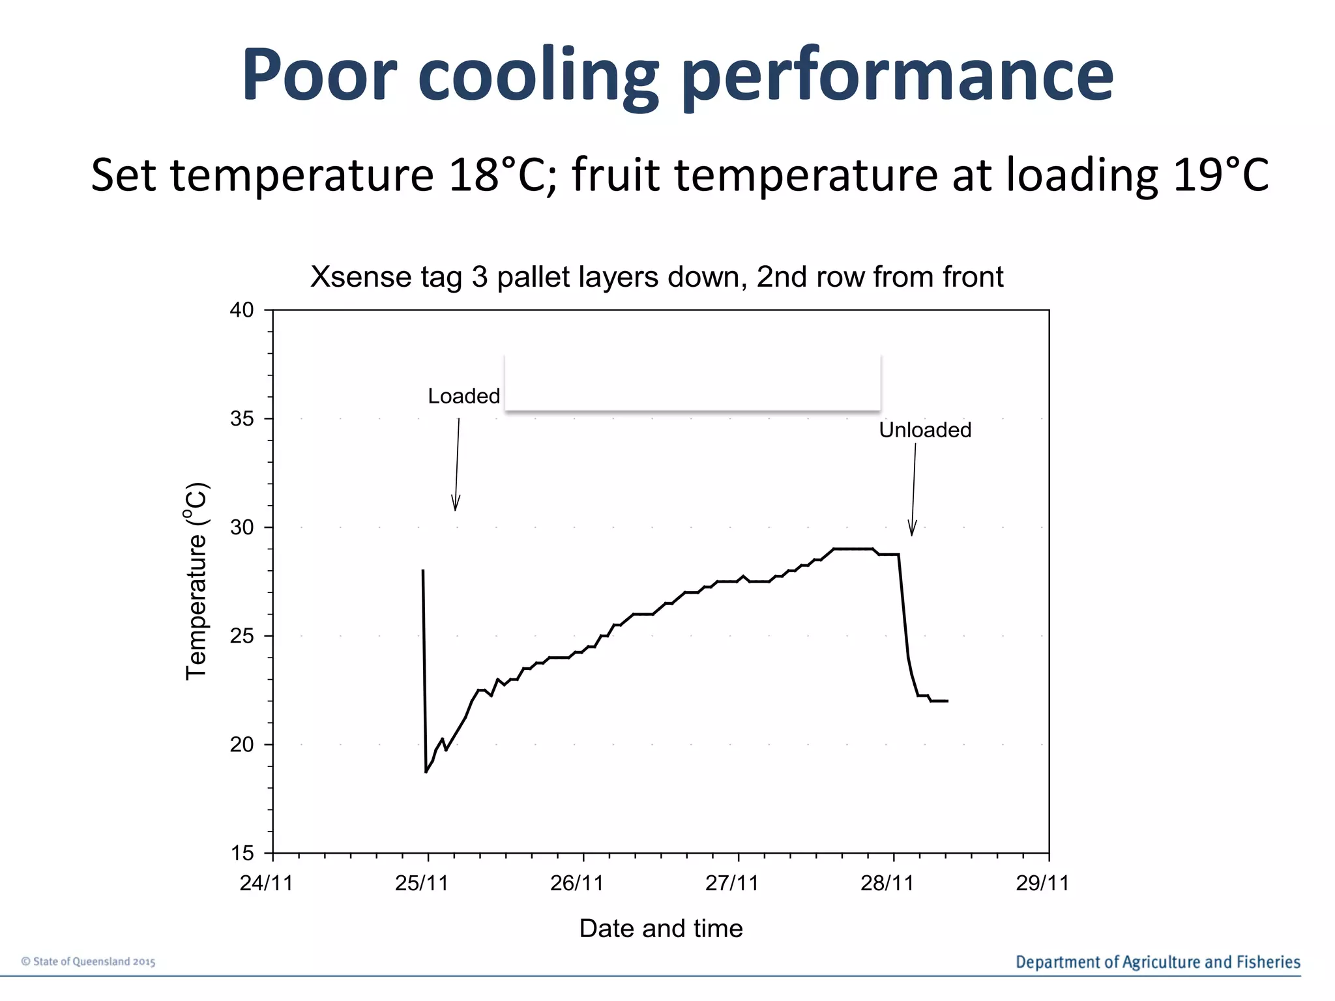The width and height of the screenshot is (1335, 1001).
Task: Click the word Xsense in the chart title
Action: pos(359,277)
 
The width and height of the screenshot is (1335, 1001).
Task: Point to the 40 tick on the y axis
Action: pos(242,310)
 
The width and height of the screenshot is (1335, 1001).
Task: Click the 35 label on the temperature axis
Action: pos(242,419)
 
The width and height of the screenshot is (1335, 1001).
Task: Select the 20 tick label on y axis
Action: pos(242,745)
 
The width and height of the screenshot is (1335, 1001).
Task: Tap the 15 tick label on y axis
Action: pos(242,853)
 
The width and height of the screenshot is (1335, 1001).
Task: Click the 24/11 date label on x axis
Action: pos(266,883)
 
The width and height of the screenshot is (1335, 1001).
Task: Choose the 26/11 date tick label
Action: pos(576,883)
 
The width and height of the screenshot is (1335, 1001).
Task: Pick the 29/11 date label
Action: pos(1042,883)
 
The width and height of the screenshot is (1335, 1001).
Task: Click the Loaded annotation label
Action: pos(463,396)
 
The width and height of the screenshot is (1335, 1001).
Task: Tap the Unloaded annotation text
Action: pos(924,430)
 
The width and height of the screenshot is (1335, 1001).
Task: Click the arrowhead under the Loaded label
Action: pos(456,504)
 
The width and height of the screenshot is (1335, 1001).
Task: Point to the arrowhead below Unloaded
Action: pos(912,529)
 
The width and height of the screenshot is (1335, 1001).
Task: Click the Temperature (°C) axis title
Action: pos(196,581)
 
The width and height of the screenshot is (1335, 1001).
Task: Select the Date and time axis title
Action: pos(660,928)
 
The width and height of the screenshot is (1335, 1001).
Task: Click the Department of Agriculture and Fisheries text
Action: pos(1158,962)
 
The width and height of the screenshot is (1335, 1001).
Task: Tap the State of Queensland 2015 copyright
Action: pos(89,961)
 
